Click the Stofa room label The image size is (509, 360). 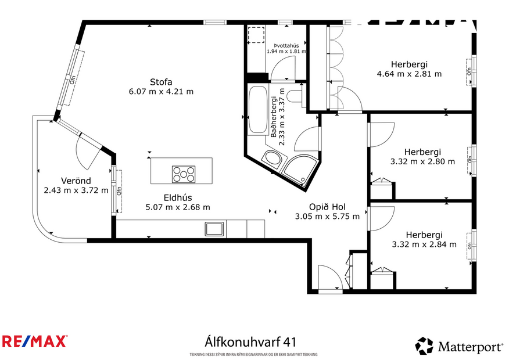click(160, 81)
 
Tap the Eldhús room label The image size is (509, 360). click(177, 197)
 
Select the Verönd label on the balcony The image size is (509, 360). click(76, 180)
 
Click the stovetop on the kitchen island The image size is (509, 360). click(184, 172)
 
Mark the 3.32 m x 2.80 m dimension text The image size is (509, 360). click(422, 161)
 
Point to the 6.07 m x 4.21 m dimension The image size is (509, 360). click(161, 91)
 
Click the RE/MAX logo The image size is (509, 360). click(34, 341)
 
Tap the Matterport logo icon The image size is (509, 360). click(424, 346)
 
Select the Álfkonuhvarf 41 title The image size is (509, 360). click(253, 340)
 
